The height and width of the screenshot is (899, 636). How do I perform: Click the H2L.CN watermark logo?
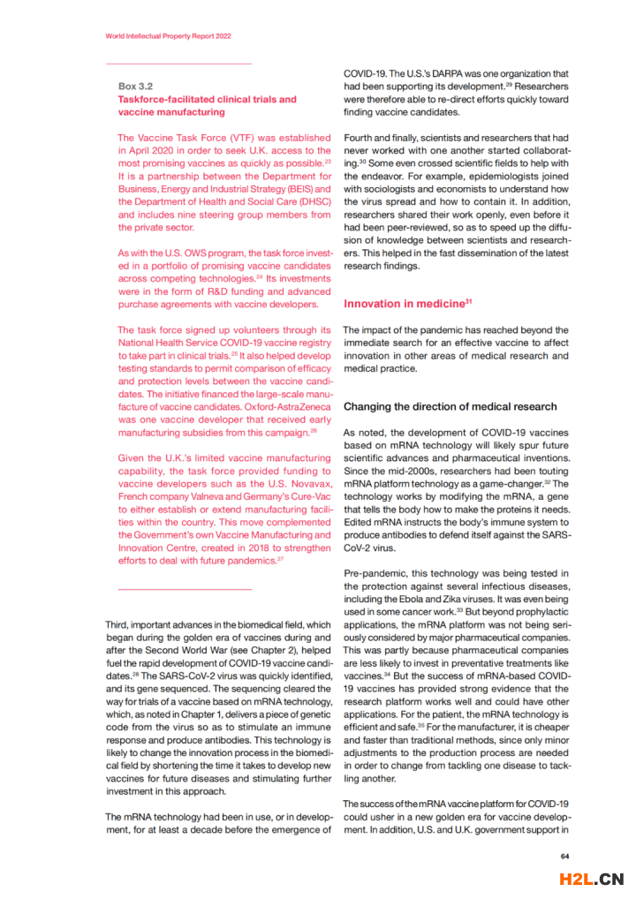[x=592, y=879]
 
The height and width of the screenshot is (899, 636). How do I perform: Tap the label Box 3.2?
[x=135, y=87]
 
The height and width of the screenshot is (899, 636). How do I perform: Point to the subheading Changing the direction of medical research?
[x=450, y=406]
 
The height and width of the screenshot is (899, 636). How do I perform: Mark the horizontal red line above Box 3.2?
[x=178, y=64]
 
